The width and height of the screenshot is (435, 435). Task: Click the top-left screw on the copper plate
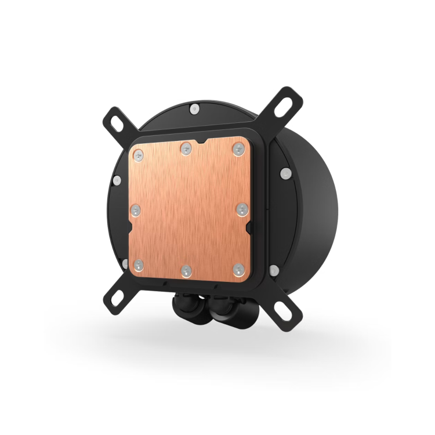click(138, 154)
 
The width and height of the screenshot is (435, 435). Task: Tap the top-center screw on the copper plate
click(186, 148)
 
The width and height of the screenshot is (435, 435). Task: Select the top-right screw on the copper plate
click(237, 149)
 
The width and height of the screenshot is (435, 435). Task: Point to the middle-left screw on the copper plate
click(137, 209)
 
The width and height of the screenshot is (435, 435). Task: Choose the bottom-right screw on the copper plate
click(237, 268)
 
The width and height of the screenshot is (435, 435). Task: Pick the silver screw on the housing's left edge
click(117, 180)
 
